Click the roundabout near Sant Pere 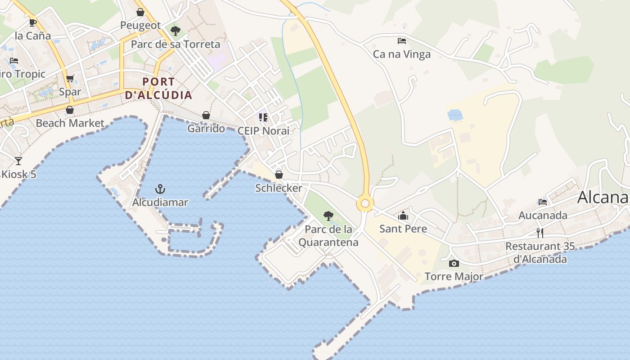coord(365,204)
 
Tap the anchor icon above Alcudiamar coord(160,189)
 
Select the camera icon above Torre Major coord(454,263)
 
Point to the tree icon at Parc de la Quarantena coord(328,216)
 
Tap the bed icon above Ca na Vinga coord(402,41)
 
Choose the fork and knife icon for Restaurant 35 coord(540,233)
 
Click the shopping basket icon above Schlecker coord(279,174)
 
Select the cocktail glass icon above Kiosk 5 coord(18,161)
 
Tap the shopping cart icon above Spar coord(70,79)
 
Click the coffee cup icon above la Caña coord(32,22)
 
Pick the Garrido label coord(206,129)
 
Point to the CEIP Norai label coord(264,131)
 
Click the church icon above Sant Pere coord(403,216)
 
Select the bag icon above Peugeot coord(140,12)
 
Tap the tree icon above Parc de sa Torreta coord(175,31)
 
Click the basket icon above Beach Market coord(70,110)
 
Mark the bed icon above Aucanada coord(543,202)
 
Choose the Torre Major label coord(454,277)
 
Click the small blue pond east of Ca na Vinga coord(455,115)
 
